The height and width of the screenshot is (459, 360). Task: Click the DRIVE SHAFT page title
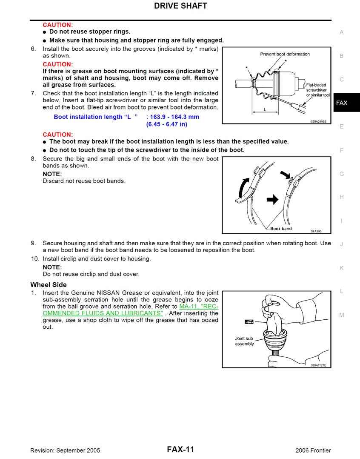180,6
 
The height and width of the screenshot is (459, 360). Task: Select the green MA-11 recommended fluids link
130,310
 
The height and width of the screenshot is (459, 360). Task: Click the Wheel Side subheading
49,285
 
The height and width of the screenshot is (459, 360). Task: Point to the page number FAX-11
180,449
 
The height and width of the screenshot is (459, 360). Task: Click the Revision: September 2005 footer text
65,450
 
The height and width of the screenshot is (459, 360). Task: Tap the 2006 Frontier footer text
313,450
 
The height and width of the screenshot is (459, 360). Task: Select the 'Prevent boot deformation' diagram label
285,54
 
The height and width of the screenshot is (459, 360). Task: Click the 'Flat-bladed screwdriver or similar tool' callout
317,90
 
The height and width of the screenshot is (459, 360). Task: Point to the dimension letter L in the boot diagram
265,109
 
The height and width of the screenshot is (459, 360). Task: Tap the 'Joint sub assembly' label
244,341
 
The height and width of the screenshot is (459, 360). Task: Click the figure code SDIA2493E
318,121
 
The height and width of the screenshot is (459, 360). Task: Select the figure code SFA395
316,231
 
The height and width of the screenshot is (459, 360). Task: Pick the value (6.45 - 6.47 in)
166,124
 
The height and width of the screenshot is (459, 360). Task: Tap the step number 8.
33,159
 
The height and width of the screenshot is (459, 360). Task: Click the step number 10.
35,259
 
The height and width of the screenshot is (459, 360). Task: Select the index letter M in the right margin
342,315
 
